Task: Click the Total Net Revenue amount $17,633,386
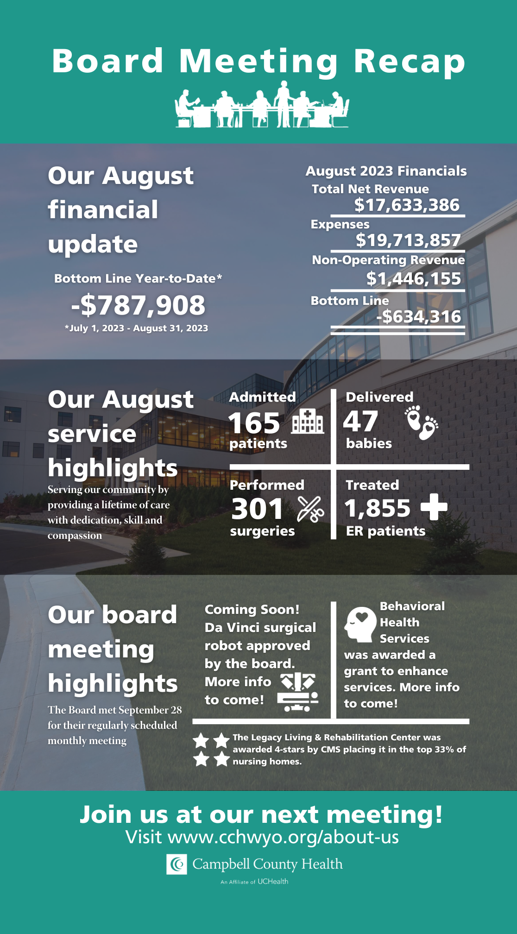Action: pyautogui.click(x=407, y=205)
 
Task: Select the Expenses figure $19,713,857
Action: pyautogui.click(x=408, y=240)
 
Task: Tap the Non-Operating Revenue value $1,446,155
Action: pyautogui.click(x=414, y=278)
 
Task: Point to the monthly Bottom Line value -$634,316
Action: pyautogui.click(x=418, y=317)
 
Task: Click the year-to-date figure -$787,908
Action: pyautogui.click(x=138, y=305)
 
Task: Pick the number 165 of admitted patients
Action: pyautogui.click(x=254, y=423)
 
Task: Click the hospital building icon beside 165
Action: pyautogui.click(x=308, y=421)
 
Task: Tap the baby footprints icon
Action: pyautogui.click(x=421, y=423)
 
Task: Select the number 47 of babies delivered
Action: pyautogui.click(x=360, y=422)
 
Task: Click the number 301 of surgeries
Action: pyautogui.click(x=257, y=509)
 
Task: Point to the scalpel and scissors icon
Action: pyautogui.click(x=310, y=509)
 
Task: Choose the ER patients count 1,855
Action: pyautogui.click(x=377, y=508)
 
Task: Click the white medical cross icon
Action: pyautogui.click(x=434, y=506)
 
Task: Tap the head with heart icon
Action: pyautogui.click(x=360, y=624)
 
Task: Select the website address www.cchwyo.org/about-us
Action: pyautogui.click(x=283, y=837)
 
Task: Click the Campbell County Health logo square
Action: pyautogui.click(x=177, y=864)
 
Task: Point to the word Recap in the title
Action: pyautogui.click(x=410, y=61)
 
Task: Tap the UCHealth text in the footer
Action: pyautogui.click(x=273, y=881)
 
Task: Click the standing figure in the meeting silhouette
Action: pyautogui.click(x=283, y=104)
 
